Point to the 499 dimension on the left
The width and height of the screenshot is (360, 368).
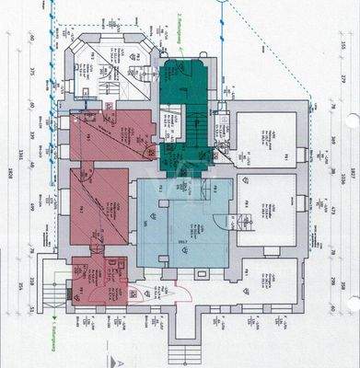30,206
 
